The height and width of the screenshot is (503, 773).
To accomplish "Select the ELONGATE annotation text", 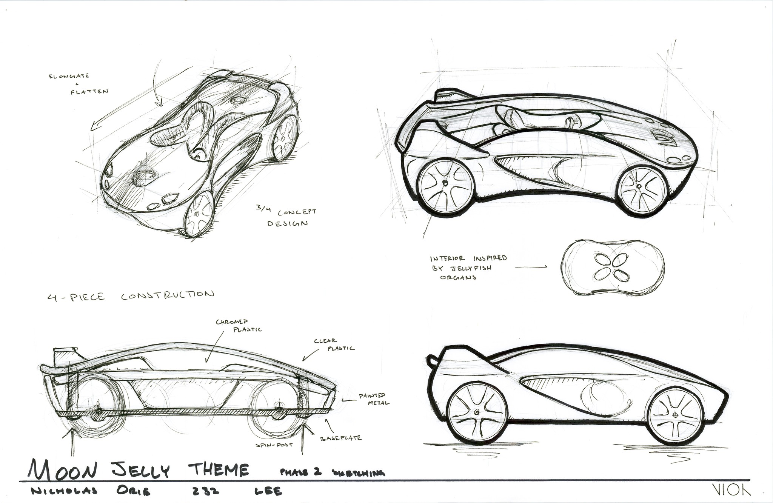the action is coord(69,76).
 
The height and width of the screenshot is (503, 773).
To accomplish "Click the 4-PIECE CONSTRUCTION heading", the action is coord(131,295).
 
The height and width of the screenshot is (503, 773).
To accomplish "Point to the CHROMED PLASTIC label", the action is coord(238,325).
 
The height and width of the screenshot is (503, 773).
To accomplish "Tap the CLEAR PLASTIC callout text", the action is coord(334,345).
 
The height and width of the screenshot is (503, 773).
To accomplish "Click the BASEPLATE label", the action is coord(341,438).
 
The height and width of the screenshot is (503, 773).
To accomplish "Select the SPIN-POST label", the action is coord(274,445).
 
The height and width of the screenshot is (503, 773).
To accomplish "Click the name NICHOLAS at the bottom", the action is coord(65,491).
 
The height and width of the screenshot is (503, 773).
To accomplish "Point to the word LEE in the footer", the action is coord(268,491).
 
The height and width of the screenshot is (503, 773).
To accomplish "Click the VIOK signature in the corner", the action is coord(736,489).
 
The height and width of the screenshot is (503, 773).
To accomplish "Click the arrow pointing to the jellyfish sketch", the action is coord(531,267).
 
